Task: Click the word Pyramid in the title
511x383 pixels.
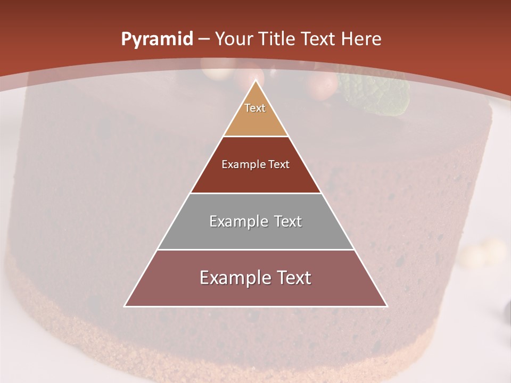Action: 156,39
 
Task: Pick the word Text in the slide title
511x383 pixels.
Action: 319,39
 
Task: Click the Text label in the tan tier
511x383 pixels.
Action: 255,108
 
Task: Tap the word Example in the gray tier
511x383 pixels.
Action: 238,221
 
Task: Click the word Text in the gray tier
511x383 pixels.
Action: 288,221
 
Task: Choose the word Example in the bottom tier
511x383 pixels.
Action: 233,278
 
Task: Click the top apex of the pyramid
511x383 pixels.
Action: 256,80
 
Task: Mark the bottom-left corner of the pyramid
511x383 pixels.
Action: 125,306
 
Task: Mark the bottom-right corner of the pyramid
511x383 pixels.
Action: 387,306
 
